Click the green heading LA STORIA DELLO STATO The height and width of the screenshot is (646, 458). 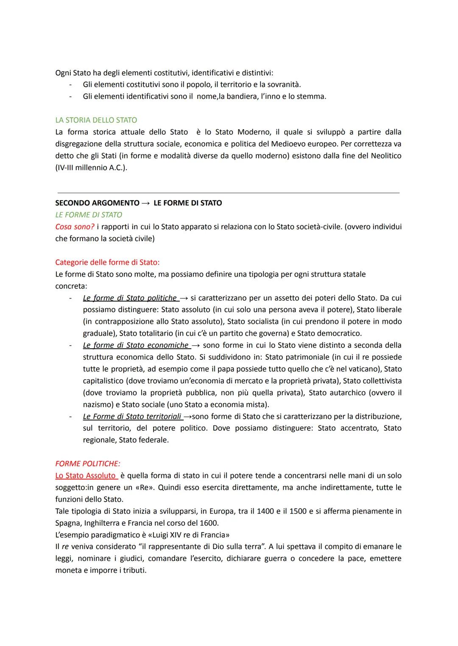pos(96,120)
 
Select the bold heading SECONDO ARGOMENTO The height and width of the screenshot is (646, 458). pos(97,203)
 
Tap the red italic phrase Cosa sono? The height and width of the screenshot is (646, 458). pos(75,227)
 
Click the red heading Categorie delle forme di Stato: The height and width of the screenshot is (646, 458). pos(107,262)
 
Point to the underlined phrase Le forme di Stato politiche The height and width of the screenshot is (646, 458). pos(130,298)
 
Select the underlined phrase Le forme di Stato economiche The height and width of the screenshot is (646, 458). pos(136,345)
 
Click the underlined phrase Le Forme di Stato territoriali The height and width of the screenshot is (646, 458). pos(132,416)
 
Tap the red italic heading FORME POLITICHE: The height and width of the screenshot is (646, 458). pos(87,463)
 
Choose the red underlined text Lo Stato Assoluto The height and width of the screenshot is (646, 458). pos(85,475)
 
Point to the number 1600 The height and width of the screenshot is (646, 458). pos(208,523)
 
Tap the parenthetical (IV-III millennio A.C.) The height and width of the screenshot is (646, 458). pos(91,167)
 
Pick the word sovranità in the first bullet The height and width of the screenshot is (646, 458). pos(283,84)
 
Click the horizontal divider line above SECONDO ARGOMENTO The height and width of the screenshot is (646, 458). pos(228,193)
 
